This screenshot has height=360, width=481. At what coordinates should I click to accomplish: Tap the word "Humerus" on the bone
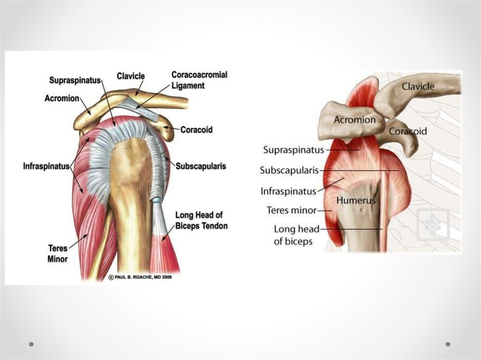[x=356, y=200]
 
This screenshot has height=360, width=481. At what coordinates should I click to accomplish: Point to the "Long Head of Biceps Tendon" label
[x=201, y=221]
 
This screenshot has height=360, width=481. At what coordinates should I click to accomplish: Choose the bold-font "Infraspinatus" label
[x=47, y=166]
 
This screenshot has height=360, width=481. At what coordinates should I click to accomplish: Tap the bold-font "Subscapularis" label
[x=201, y=166]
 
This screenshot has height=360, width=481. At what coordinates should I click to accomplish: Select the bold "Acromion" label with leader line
[x=61, y=99]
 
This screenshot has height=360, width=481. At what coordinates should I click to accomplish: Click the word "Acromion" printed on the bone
[x=354, y=120]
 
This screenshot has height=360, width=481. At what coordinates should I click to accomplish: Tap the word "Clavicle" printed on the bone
[x=418, y=86]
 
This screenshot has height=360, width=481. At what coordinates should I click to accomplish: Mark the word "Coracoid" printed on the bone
[x=408, y=131]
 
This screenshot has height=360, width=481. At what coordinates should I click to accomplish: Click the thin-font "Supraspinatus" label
[x=293, y=150]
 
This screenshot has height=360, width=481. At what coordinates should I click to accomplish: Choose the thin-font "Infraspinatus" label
[x=288, y=191]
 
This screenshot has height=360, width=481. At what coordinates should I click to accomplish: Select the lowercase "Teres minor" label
[x=291, y=210]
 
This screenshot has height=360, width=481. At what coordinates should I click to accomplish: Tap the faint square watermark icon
[x=433, y=224]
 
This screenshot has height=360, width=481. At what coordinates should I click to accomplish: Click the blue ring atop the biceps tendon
[x=155, y=200]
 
